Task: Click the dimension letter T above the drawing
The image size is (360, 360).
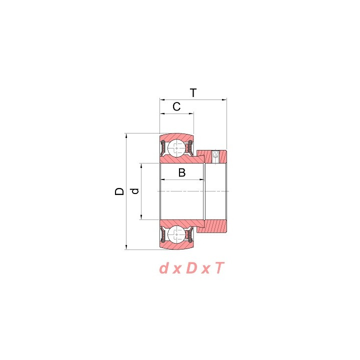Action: [193, 93]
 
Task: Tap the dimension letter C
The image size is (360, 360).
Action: [176, 107]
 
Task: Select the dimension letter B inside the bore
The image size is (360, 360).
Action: [182, 172]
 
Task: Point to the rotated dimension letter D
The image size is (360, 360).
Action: [119, 191]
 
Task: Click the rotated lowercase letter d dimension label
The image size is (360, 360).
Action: [135, 191]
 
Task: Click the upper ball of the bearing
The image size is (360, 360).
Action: [176, 148]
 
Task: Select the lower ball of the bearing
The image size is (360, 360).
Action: [176, 234]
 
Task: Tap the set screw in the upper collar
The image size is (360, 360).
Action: [215, 157]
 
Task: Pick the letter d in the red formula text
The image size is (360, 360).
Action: [163, 268]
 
